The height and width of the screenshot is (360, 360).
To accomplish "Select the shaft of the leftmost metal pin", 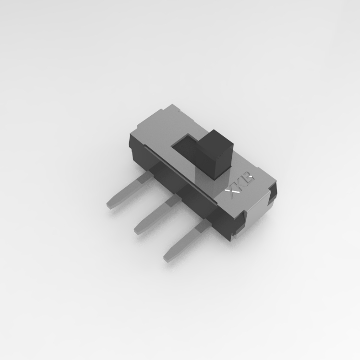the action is click(x=125, y=192).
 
